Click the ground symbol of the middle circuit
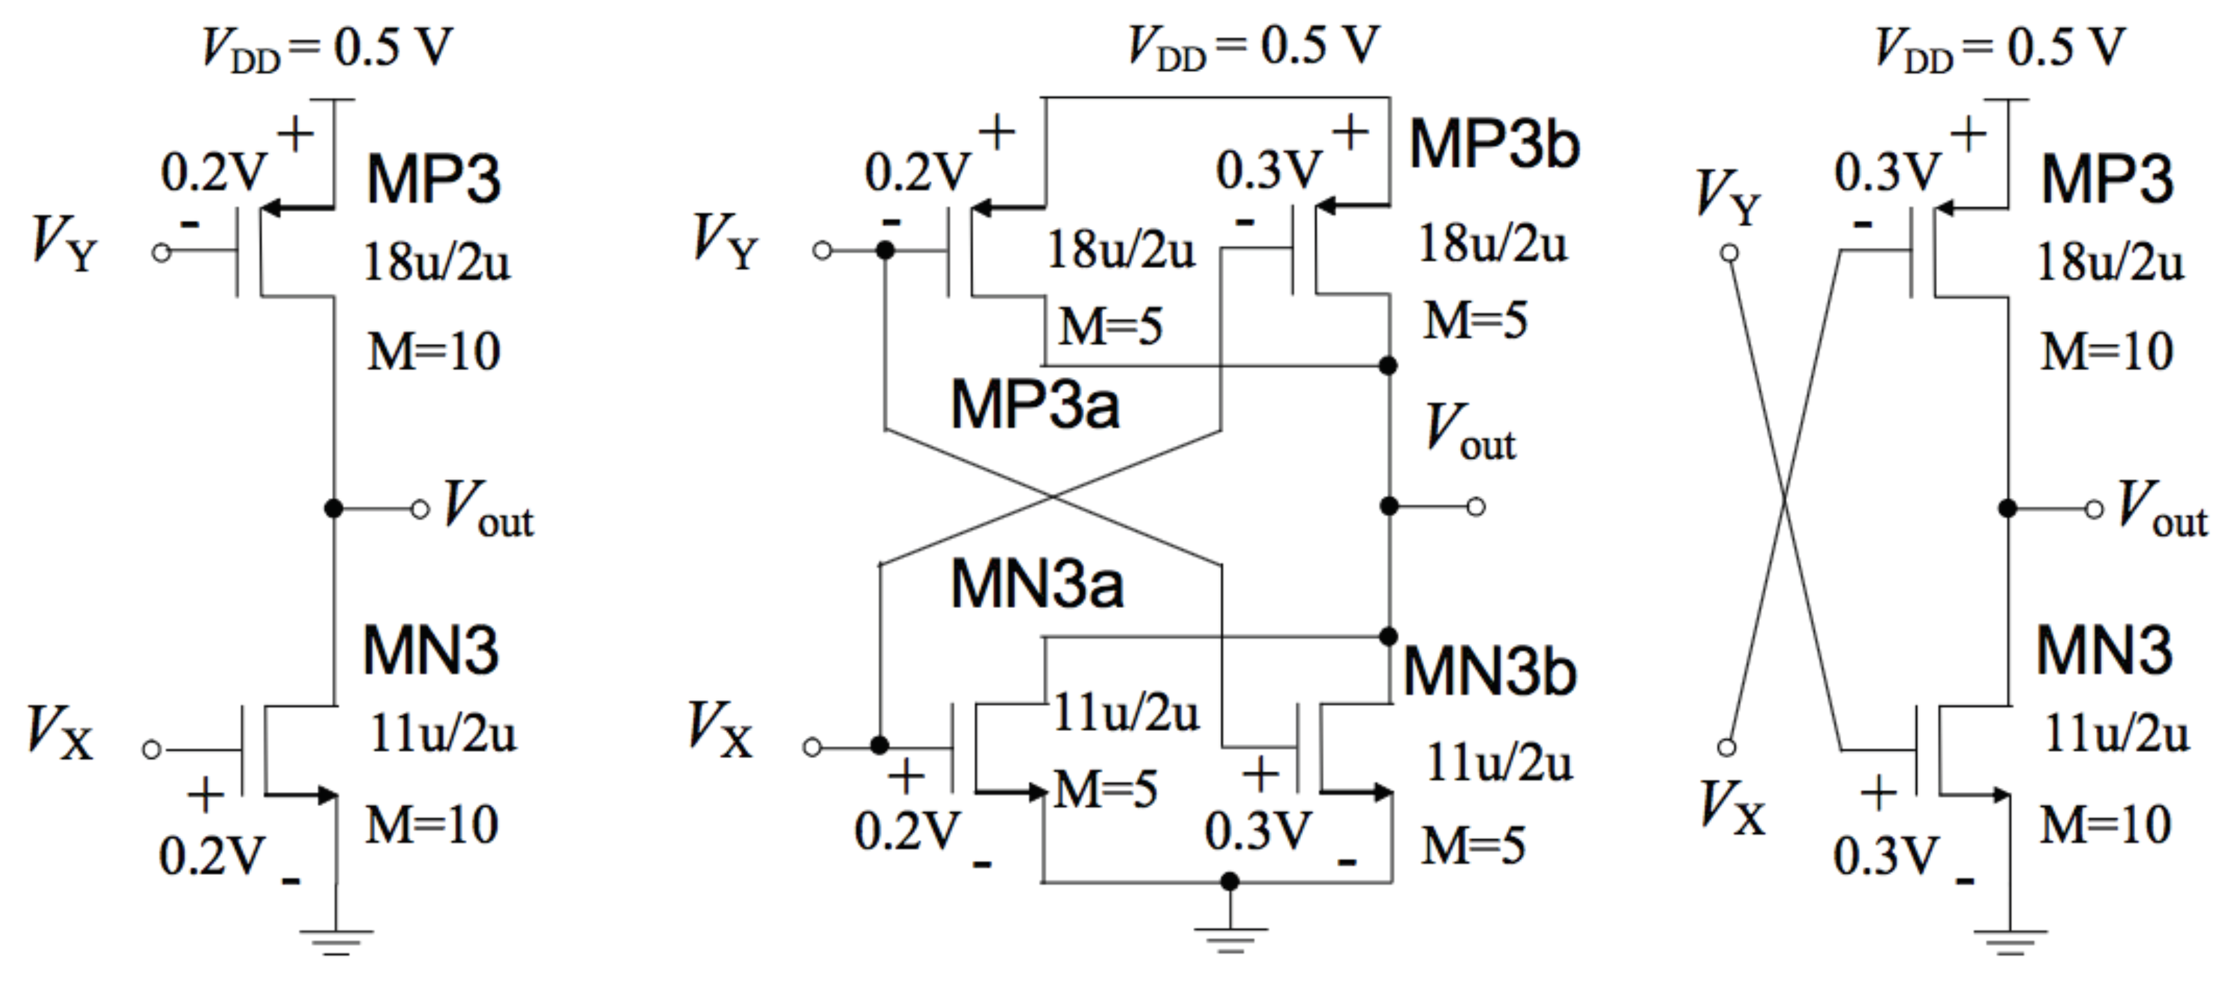point(1230,938)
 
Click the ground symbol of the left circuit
point(336,940)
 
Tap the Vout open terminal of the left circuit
point(420,510)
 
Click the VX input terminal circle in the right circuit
point(1726,747)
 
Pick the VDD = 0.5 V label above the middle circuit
point(1254,47)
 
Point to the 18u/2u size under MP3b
point(1492,244)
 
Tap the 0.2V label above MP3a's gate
point(917,172)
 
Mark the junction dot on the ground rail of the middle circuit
point(1230,881)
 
